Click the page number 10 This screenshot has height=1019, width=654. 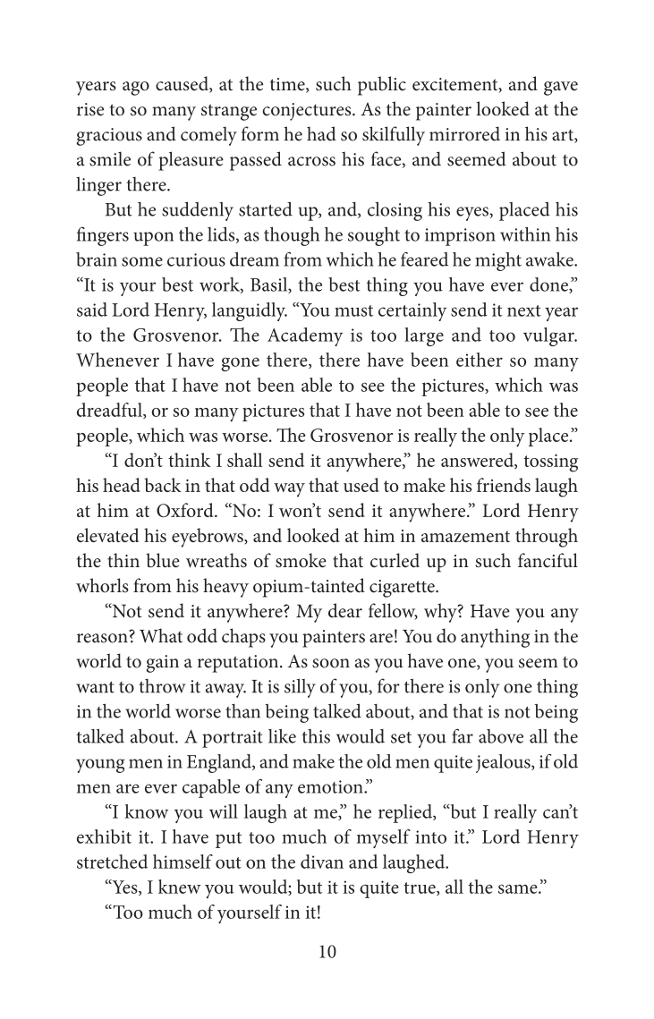[327, 952]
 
